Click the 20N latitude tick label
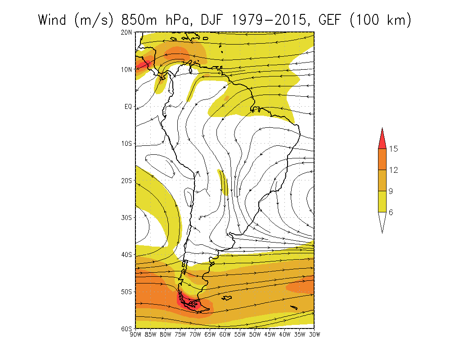pos(126,32)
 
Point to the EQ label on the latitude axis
pos(128,107)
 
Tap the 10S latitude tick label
pos(126,144)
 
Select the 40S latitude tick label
pos(126,255)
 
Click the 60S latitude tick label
pos(126,328)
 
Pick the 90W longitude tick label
pos(135,334)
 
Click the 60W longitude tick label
pos(225,334)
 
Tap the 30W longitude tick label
pos(315,334)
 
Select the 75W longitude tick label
pos(180,334)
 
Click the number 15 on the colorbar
pos(393,148)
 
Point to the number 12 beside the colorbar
pos(393,170)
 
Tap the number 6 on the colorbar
pos(391,212)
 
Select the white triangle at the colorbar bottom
pos(382,220)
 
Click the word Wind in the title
pos(52,20)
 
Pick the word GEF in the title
pos(329,20)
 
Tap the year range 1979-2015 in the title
pos(269,20)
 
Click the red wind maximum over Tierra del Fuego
pos(188,302)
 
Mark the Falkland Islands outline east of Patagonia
pos(227,298)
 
